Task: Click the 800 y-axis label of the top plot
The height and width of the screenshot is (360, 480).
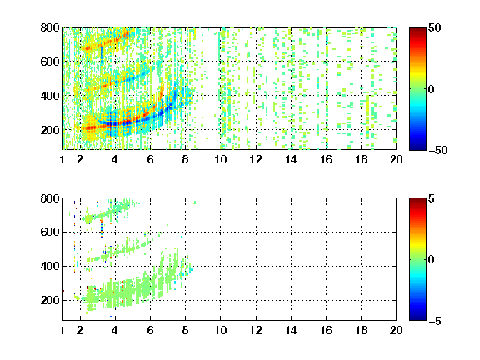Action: coord(50,27)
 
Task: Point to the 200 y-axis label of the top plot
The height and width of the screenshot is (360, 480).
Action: coord(50,130)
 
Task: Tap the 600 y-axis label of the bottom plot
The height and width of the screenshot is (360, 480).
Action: coord(50,232)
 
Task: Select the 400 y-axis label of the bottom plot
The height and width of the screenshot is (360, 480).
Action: coord(50,266)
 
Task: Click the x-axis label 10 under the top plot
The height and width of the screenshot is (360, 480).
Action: coord(220,159)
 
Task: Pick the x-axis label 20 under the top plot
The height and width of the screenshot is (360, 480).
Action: coord(396,159)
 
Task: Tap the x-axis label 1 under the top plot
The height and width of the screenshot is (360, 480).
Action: coord(62,159)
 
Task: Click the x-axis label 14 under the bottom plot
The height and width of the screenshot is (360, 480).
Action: coord(291,330)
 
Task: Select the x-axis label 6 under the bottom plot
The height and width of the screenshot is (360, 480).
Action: coord(150,330)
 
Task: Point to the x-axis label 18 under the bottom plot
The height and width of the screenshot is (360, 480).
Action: coord(361,330)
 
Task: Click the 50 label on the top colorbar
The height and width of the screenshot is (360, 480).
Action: coord(434,27)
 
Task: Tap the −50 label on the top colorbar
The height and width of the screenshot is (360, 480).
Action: coord(437,150)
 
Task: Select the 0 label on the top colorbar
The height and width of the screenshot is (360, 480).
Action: coord(432,89)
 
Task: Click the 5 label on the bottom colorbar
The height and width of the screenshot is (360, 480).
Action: coord(432,198)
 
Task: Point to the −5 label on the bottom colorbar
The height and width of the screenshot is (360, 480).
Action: coord(435,321)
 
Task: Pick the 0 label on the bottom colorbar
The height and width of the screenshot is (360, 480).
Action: coord(432,260)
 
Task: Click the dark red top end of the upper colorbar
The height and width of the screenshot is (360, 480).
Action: coord(417,29)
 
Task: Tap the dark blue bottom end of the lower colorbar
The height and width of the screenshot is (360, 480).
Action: coord(417,318)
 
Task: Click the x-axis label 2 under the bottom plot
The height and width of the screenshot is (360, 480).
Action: coord(80,330)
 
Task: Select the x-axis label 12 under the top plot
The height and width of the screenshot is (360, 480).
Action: coord(256,159)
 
